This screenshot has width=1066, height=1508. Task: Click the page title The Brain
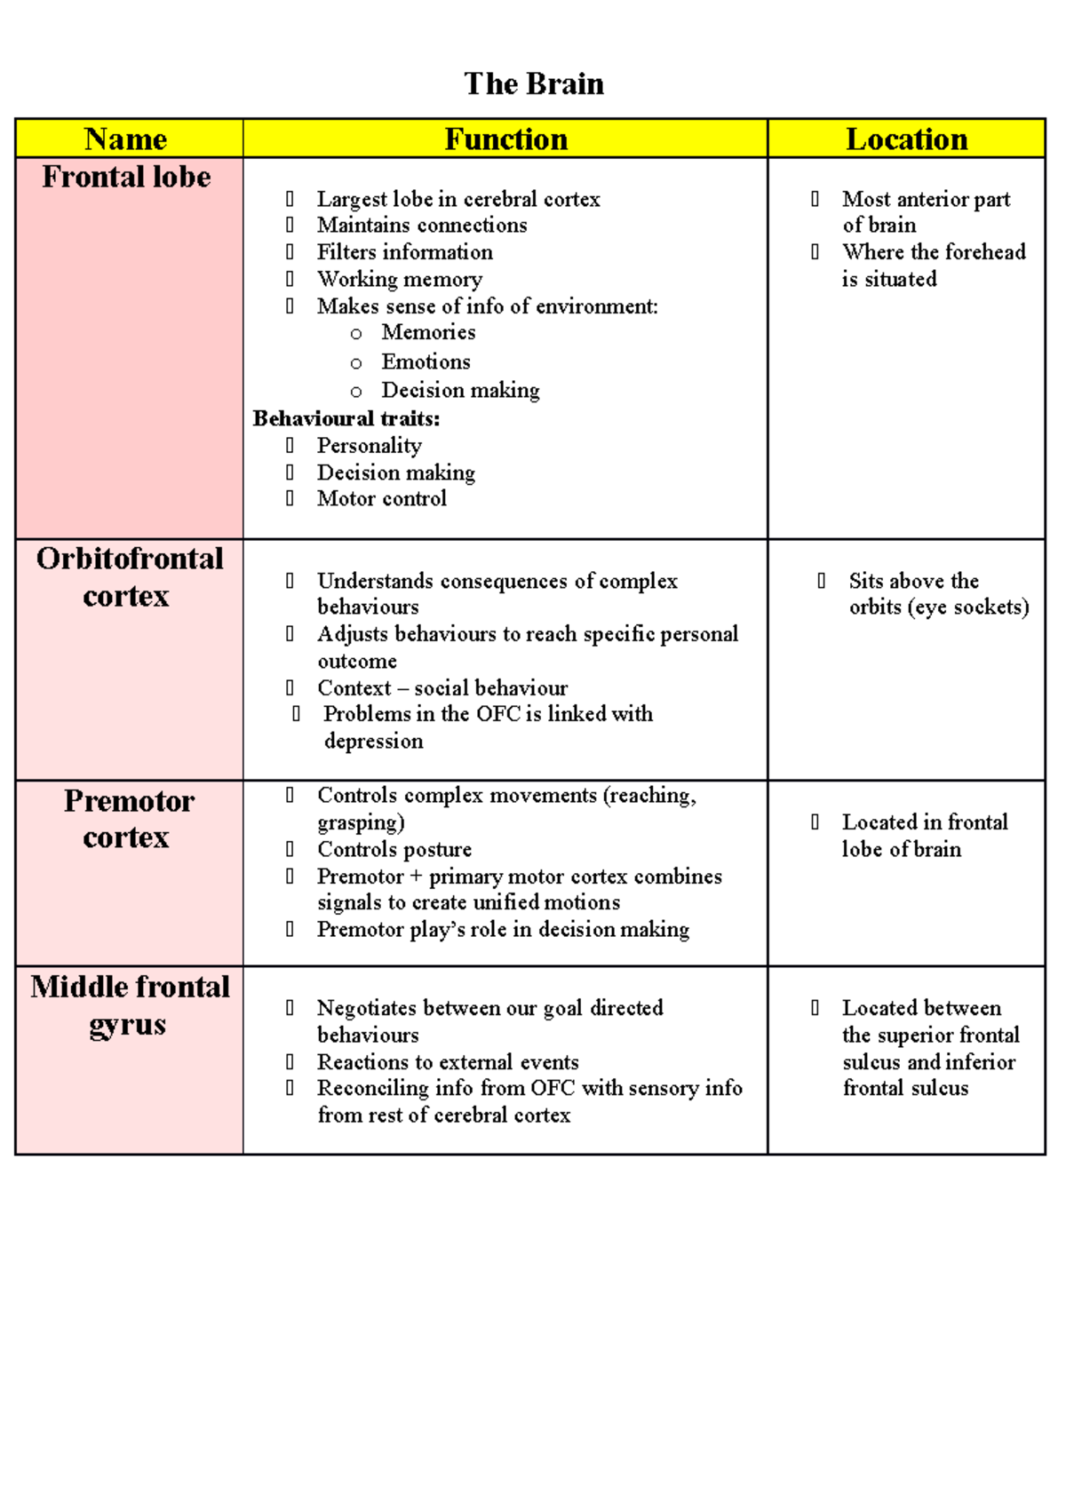(533, 83)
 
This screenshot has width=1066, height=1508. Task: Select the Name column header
(126, 139)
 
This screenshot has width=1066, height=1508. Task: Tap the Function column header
(505, 139)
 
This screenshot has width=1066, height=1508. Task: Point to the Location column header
(906, 139)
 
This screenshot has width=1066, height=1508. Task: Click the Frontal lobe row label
(126, 177)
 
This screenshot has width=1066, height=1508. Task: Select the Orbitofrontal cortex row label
(129, 576)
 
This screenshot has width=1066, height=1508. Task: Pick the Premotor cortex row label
(128, 818)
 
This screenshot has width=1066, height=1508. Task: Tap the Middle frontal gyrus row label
(130, 1004)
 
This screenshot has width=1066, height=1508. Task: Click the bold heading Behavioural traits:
(346, 418)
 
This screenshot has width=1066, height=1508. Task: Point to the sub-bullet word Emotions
(426, 361)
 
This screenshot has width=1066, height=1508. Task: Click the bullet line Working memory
(399, 279)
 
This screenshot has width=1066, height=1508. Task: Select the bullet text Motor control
(381, 498)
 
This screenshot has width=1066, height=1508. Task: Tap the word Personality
(369, 445)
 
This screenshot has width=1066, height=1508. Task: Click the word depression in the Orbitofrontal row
(373, 741)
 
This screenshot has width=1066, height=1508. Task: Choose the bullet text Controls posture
(394, 849)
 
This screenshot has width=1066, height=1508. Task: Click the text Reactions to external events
(448, 1061)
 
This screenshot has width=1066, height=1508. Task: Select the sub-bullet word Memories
(428, 332)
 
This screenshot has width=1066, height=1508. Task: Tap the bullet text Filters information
(404, 252)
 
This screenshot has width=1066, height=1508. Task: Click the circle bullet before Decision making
(356, 392)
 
